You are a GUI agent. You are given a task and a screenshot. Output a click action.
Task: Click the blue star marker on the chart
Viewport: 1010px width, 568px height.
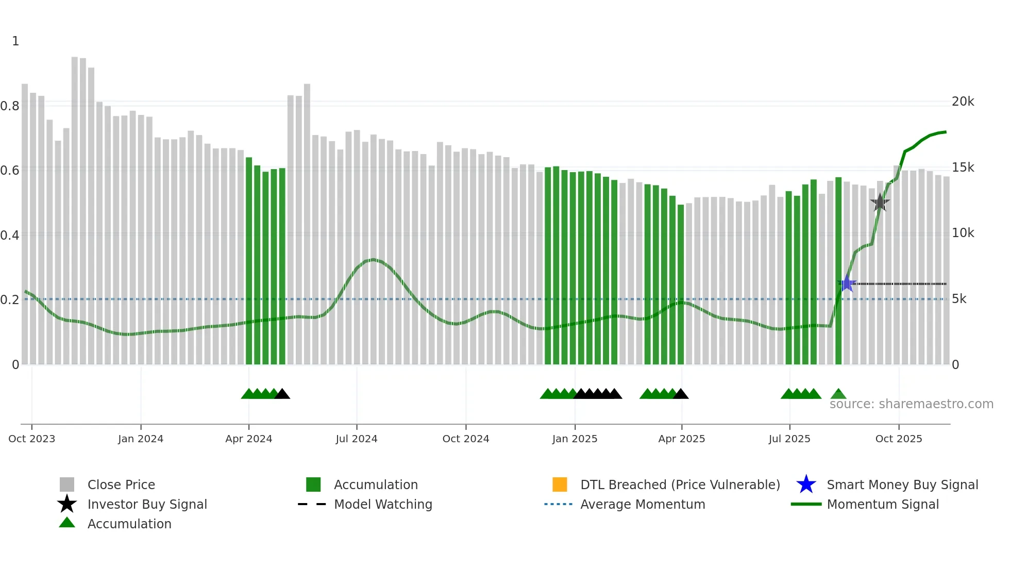[847, 283]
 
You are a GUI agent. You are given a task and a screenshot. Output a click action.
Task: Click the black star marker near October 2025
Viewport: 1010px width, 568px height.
[880, 203]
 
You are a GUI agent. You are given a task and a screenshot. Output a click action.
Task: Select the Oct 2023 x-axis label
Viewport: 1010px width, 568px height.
[32, 439]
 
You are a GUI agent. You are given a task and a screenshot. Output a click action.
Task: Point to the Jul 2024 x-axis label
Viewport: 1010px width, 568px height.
[357, 439]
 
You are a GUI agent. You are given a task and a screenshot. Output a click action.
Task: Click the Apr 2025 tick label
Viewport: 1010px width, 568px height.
[681, 439]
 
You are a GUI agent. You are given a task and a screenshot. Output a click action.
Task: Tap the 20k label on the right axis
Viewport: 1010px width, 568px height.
[963, 102]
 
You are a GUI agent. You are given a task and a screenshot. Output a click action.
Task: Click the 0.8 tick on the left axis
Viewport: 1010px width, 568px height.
[10, 106]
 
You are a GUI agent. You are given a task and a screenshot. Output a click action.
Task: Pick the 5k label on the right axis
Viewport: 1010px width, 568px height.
[959, 299]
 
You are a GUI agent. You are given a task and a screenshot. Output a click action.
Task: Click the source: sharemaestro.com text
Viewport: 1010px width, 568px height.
[911, 404]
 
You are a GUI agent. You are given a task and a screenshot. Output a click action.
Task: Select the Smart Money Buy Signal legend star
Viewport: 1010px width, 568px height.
[806, 485]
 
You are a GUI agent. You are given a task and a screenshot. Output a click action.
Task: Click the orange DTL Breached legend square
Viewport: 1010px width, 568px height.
[560, 485]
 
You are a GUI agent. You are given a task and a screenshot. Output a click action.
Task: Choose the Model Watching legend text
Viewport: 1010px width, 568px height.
[383, 504]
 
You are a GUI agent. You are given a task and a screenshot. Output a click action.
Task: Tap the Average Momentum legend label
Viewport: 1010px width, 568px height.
[643, 504]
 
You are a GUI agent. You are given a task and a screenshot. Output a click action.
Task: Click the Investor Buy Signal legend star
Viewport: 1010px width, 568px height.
[67, 504]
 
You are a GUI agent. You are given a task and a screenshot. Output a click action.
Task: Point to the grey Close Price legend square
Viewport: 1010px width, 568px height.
[67, 485]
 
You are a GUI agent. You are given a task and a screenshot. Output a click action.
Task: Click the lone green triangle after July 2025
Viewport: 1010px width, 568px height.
[838, 394]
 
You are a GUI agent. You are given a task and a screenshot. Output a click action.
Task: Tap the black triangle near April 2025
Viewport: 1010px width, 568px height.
[681, 394]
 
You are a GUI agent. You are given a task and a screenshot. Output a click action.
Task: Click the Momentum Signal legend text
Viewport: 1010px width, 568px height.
[883, 504]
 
